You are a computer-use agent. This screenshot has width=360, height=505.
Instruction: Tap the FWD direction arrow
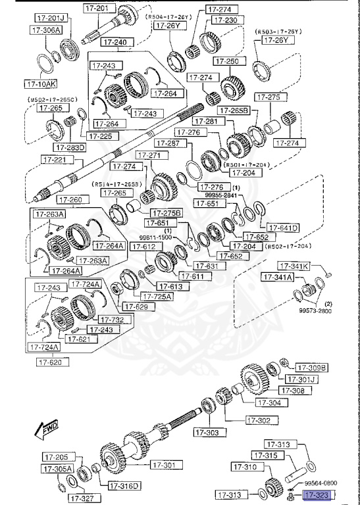pos(45,430)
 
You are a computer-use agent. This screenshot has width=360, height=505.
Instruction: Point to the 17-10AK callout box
pos(40,84)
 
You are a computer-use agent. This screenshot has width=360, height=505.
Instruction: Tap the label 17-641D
pos(283,228)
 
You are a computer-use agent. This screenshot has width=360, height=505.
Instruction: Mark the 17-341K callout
pos(293,266)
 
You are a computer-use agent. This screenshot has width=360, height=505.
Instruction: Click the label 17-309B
pos(311,367)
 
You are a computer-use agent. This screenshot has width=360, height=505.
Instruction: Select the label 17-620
pos(53,362)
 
